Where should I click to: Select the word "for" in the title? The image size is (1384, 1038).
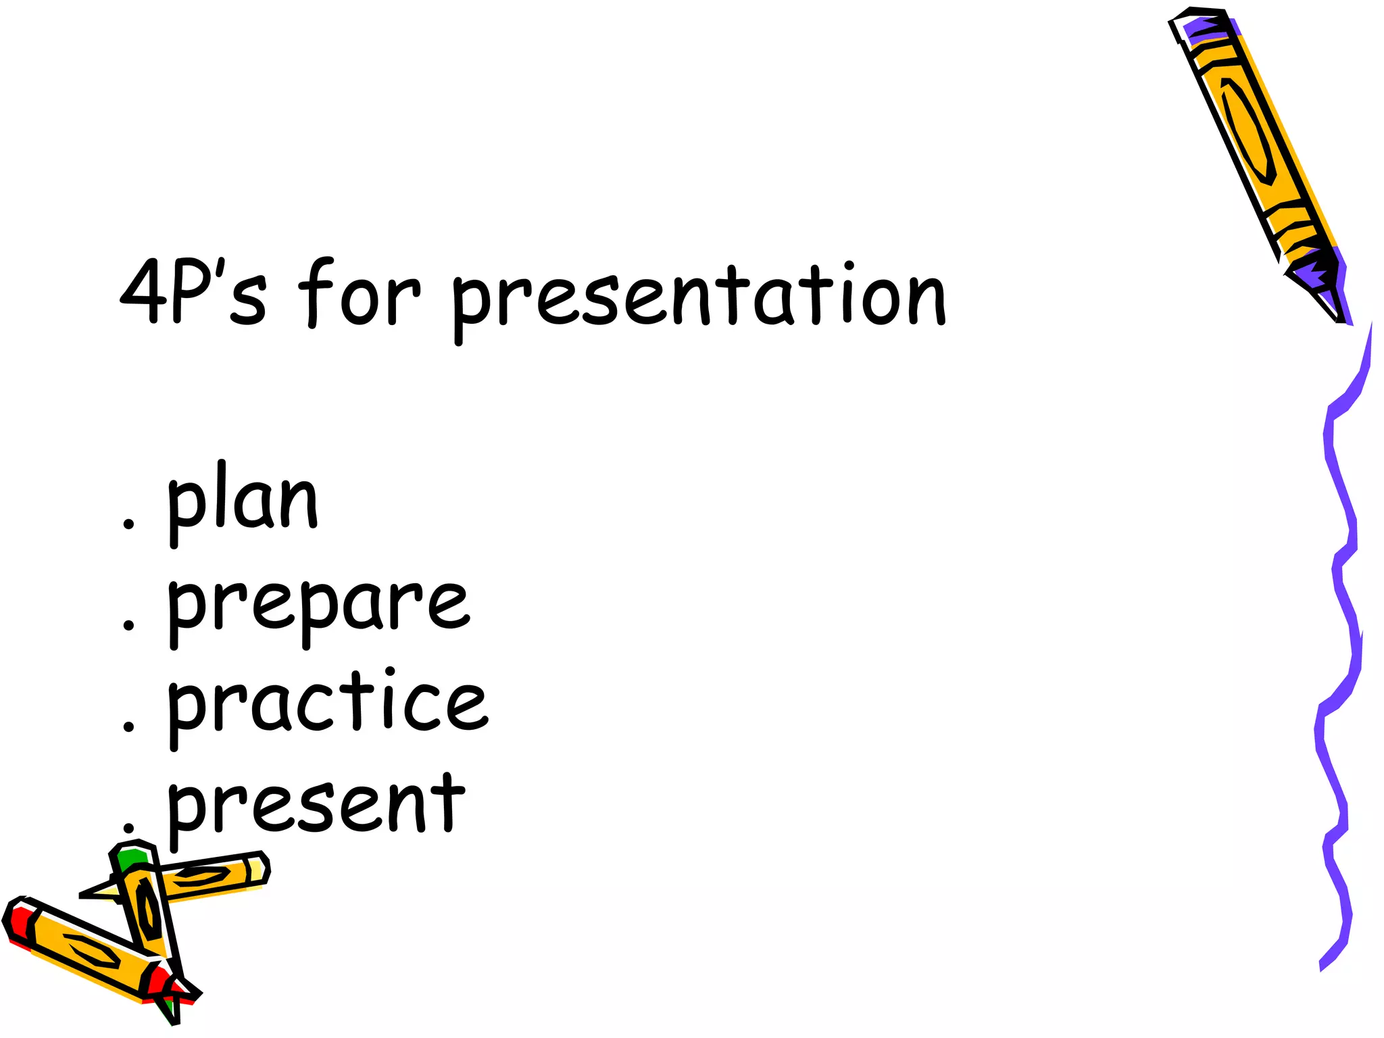359,294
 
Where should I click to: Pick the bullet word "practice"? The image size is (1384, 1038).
327,706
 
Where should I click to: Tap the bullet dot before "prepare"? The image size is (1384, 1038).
128,624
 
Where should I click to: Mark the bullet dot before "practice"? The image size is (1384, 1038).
128,726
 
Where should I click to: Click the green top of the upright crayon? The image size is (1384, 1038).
132,858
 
